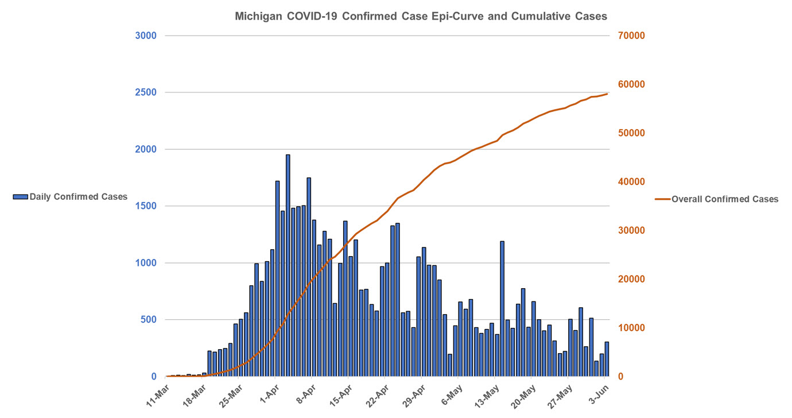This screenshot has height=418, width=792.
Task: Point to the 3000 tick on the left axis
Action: (x=146, y=36)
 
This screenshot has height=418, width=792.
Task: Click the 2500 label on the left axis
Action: (x=146, y=92)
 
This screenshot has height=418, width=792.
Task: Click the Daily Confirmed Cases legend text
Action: (x=79, y=197)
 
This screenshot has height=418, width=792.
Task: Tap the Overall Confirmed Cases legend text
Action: (x=725, y=199)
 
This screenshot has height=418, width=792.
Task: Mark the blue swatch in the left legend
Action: (x=20, y=197)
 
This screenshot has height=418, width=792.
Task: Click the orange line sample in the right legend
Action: (x=662, y=199)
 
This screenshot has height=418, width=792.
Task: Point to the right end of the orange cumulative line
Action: (x=607, y=94)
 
